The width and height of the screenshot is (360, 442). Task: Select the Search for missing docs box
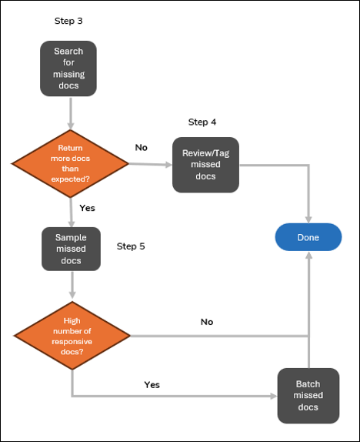[x=68, y=68]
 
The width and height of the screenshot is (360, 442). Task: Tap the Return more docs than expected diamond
[x=70, y=163]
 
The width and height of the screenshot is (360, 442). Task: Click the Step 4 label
[x=202, y=122]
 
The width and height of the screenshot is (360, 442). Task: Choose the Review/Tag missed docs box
[x=205, y=165]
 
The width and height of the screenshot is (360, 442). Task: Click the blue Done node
[x=308, y=237]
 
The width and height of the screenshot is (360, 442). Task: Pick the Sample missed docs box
[x=71, y=249]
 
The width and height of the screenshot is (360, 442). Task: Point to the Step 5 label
[x=131, y=246]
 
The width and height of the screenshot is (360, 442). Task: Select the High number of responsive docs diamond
[x=72, y=336]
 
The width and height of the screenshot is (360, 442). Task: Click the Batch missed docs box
[x=308, y=396]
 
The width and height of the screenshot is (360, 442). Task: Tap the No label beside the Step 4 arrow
[x=142, y=147]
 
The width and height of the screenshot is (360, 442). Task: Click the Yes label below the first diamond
[x=87, y=208]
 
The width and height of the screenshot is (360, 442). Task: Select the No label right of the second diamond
[x=206, y=322]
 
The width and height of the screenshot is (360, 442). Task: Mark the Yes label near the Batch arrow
[x=152, y=383]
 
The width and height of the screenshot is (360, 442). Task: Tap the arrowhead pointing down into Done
[x=308, y=219]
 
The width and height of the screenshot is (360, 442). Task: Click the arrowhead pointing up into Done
[x=308, y=256]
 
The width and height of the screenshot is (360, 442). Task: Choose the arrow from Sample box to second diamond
[x=72, y=285]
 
